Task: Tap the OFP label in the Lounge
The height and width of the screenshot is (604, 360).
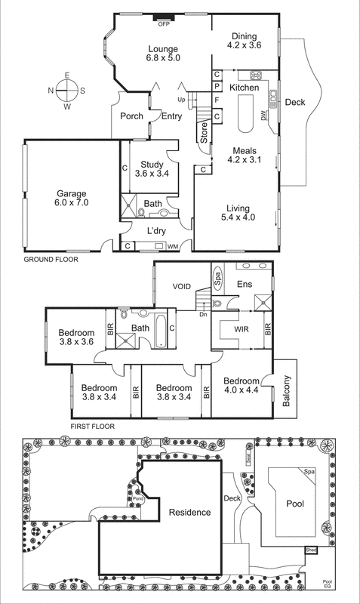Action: [163, 24]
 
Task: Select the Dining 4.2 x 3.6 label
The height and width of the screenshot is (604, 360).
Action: [243, 41]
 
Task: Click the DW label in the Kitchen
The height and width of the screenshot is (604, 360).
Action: [263, 116]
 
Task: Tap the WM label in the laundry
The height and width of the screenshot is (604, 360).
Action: [172, 246]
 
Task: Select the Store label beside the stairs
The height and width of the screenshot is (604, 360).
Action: [204, 132]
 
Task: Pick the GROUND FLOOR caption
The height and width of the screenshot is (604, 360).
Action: [51, 259]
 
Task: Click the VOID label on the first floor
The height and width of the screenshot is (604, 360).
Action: [182, 287]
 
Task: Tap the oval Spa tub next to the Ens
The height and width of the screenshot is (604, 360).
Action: [217, 276]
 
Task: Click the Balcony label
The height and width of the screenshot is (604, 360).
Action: [287, 393]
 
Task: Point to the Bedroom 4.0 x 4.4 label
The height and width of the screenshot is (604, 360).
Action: [242, 385]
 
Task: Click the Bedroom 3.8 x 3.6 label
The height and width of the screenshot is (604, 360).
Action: [77, 337]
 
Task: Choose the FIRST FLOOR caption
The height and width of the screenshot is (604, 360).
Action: [92, 426]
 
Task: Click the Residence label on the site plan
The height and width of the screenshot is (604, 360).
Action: [189, 512]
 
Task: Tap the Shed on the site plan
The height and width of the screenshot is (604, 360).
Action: [311, 550]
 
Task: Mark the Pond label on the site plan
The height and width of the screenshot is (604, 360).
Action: [138, 498]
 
